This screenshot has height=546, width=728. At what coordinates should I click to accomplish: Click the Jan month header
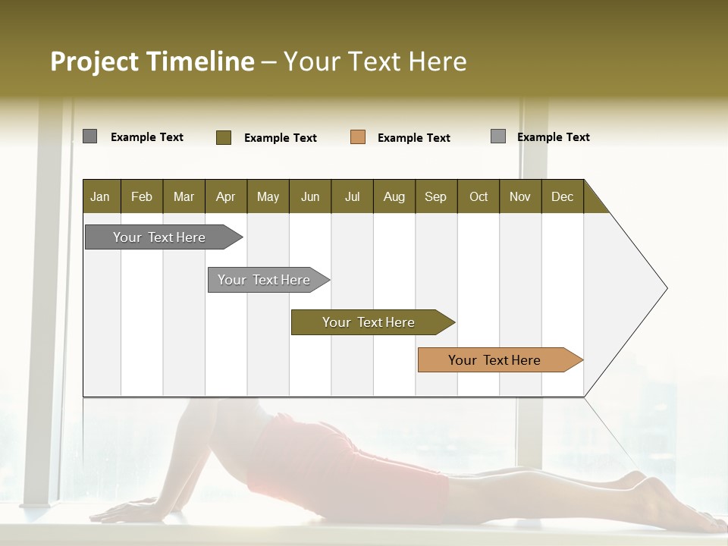101,196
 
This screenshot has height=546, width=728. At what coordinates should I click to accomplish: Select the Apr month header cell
226,196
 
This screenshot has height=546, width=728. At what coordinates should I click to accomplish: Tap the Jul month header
352,196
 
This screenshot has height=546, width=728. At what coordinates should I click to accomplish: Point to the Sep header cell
435,196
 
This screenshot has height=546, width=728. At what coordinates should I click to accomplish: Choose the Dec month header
562,196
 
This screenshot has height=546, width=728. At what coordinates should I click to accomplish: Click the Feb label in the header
142,196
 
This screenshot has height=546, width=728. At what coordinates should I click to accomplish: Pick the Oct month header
479,196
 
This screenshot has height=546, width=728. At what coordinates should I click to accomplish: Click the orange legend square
358,137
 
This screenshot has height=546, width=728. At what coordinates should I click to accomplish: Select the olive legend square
224,137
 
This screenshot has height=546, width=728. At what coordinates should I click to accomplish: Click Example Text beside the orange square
413,138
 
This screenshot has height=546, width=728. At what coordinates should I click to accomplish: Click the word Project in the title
94,61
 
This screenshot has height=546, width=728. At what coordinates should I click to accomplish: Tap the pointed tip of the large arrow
666,288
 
